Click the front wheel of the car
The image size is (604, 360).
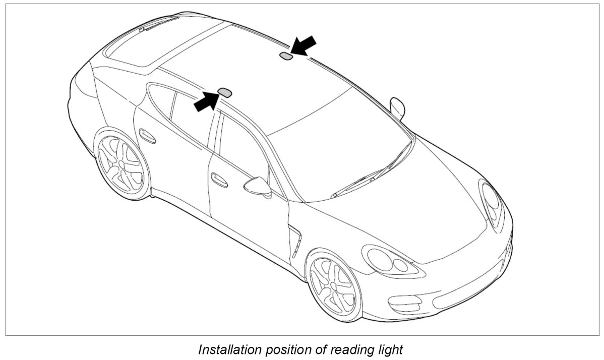(x=334, y=285)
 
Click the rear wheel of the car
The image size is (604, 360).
(x=121, y=163)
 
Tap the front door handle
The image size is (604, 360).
(x=219, y=179)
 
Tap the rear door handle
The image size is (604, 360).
(x=147, y=136)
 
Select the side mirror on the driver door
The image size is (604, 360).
(x=258, y=186)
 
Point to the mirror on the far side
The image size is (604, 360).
(x=397, y=107)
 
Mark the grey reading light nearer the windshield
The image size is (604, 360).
(x=286, y=55)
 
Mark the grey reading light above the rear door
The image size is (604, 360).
(x=224, y=92)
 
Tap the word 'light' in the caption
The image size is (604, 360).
(x=390, y=349)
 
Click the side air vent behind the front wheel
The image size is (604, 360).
(x=295, y=242)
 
